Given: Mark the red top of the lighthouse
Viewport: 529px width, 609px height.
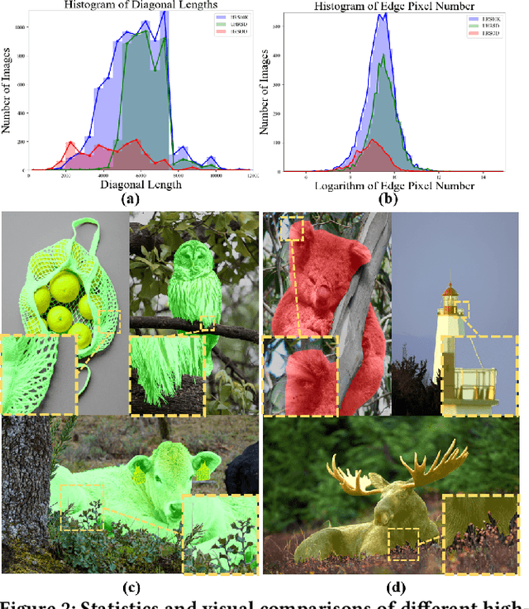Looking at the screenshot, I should coord(450,290).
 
